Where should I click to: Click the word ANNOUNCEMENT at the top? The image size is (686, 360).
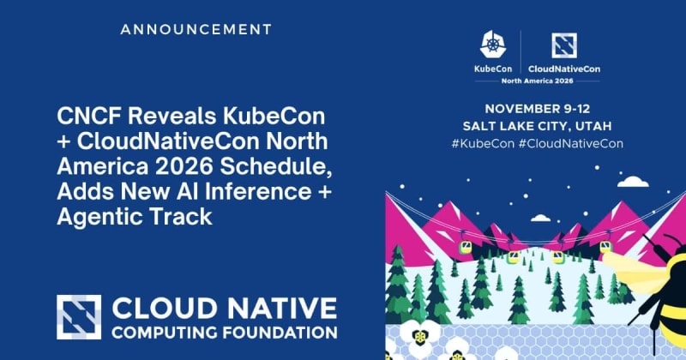[196, 30]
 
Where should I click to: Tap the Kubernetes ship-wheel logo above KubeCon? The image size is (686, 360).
[493, 45]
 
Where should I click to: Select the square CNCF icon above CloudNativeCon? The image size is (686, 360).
[564, 45]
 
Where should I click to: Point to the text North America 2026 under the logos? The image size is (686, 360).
[537, 81]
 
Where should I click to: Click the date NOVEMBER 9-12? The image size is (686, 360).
[538, 109]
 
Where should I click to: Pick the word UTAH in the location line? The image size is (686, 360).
[593, 126]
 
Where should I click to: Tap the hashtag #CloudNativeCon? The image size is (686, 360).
[570, 143]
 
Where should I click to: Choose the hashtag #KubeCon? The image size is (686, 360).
[483, 143]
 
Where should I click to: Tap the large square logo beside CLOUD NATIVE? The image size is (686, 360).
[79, 317]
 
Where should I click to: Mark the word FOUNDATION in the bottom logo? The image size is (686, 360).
[280, 333]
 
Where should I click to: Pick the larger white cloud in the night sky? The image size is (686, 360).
[633, 182]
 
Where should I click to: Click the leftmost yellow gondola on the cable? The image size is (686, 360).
[465, 247]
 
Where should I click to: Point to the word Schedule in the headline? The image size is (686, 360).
[275, 166]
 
